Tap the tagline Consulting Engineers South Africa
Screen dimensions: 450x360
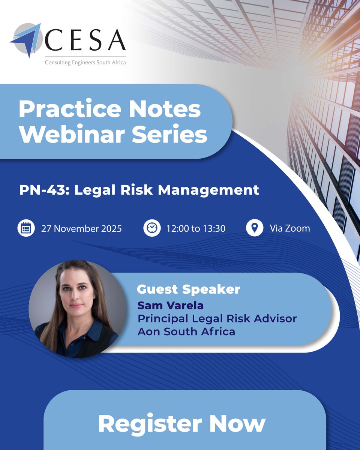(85, 62)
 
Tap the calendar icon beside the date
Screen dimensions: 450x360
(26, 228)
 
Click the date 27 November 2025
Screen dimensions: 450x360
(81, 228)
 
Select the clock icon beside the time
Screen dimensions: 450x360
(152, 228)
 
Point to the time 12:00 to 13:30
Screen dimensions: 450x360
(196, 228)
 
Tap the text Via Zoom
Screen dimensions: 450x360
(290, 228)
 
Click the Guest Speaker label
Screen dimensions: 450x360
(188, 289)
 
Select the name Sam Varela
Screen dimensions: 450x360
(171, 305)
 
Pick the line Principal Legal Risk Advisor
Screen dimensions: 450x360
(217, 318)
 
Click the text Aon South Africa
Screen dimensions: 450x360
(186, 331)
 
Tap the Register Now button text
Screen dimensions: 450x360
(181, 424)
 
